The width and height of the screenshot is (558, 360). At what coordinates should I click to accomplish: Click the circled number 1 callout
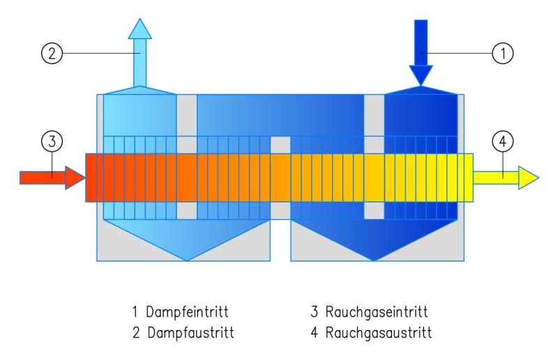(502, 53)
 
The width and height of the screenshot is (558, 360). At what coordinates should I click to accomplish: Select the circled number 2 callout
(52, 53)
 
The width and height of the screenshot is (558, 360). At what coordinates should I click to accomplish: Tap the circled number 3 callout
(52, 141)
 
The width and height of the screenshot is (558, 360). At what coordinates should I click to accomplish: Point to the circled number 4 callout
(502, 141)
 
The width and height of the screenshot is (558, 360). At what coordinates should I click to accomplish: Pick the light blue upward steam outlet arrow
(140, 52)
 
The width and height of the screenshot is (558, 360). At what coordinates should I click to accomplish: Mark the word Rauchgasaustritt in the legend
(379, 333)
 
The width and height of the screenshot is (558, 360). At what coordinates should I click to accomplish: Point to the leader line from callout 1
(460, 53)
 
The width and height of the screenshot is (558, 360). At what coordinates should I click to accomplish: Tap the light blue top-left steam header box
(139, 112)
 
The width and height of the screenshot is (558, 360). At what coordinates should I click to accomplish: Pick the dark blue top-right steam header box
(421, 112)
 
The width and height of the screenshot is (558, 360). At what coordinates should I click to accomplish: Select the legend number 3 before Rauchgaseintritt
(315, 311)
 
